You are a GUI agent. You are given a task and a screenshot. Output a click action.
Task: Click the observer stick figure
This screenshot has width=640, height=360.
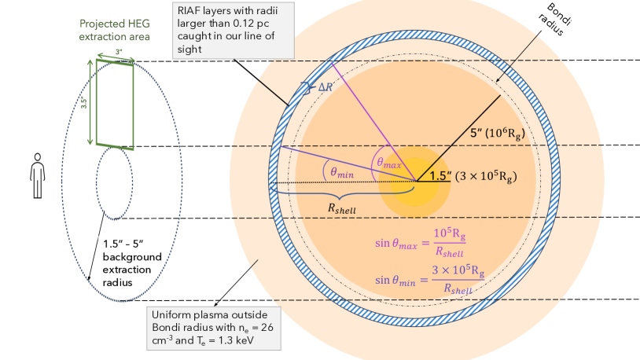click(35, 177)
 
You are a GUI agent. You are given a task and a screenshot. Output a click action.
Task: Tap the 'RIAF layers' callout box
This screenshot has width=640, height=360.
click(234, 29)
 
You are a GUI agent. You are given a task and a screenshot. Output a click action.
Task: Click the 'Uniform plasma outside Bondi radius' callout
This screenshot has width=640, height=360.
click(213, 329)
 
